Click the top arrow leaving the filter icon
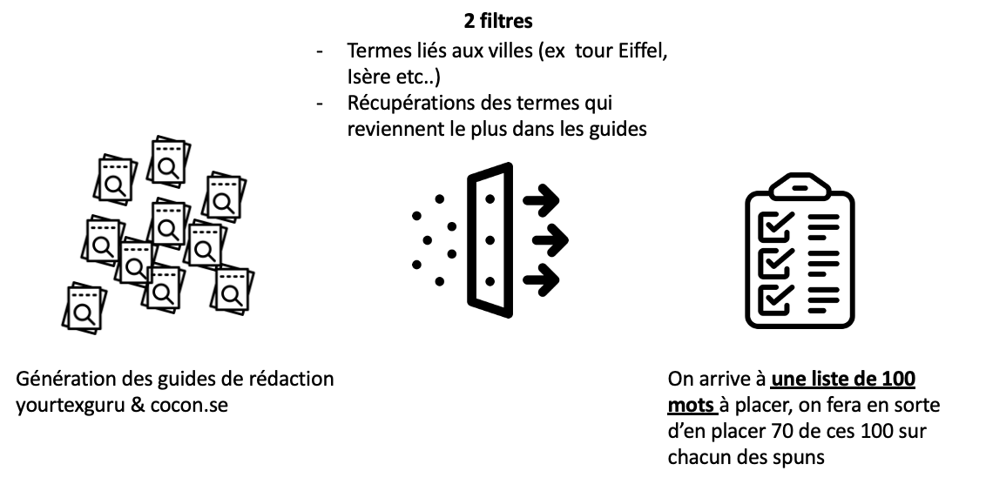click(x=541, y=201)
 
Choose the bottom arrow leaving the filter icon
click(x=541, y=279)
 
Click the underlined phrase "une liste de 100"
click(x=842, y=380)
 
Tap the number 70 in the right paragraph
click(x=783, y=431)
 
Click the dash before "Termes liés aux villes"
click(x=321, y=51)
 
